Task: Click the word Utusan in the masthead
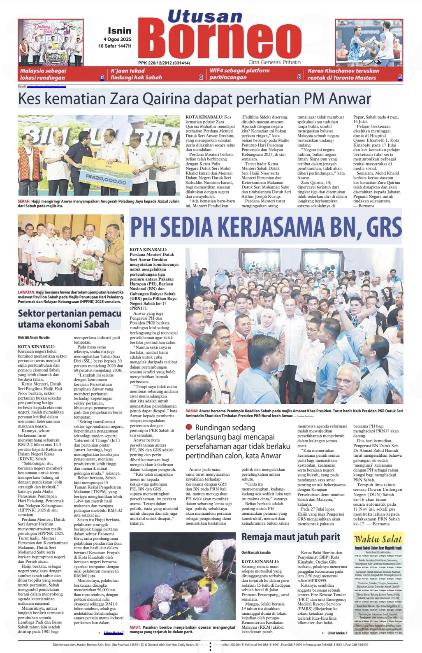[x=204, y=16]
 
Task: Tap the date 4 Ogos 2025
[x=117, y=40]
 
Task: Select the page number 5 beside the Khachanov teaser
[x=400, y=77]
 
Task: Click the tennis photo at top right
[x=369, y=42]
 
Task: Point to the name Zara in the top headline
[x=114, y=99]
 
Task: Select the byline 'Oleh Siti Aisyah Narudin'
[x=33, y=337]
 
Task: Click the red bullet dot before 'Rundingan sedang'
[x=189, y=427]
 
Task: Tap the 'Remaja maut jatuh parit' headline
[x=290, y=537]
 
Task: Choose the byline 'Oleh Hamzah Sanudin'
[x=256, y=552]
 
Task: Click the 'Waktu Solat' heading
[x=378, y=539]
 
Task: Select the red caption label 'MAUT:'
[x=135, y=627]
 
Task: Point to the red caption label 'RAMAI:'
[x=192, y=411]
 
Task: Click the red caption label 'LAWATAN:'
[x=26, y=292]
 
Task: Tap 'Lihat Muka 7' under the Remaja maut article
[x=337, y=633]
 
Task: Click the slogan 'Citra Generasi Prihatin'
[x=274, y=62]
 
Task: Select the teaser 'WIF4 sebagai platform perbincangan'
[x=239, y=74]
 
